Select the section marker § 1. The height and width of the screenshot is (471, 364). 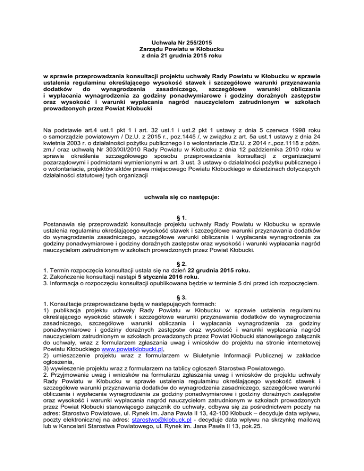click(182, 218)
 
